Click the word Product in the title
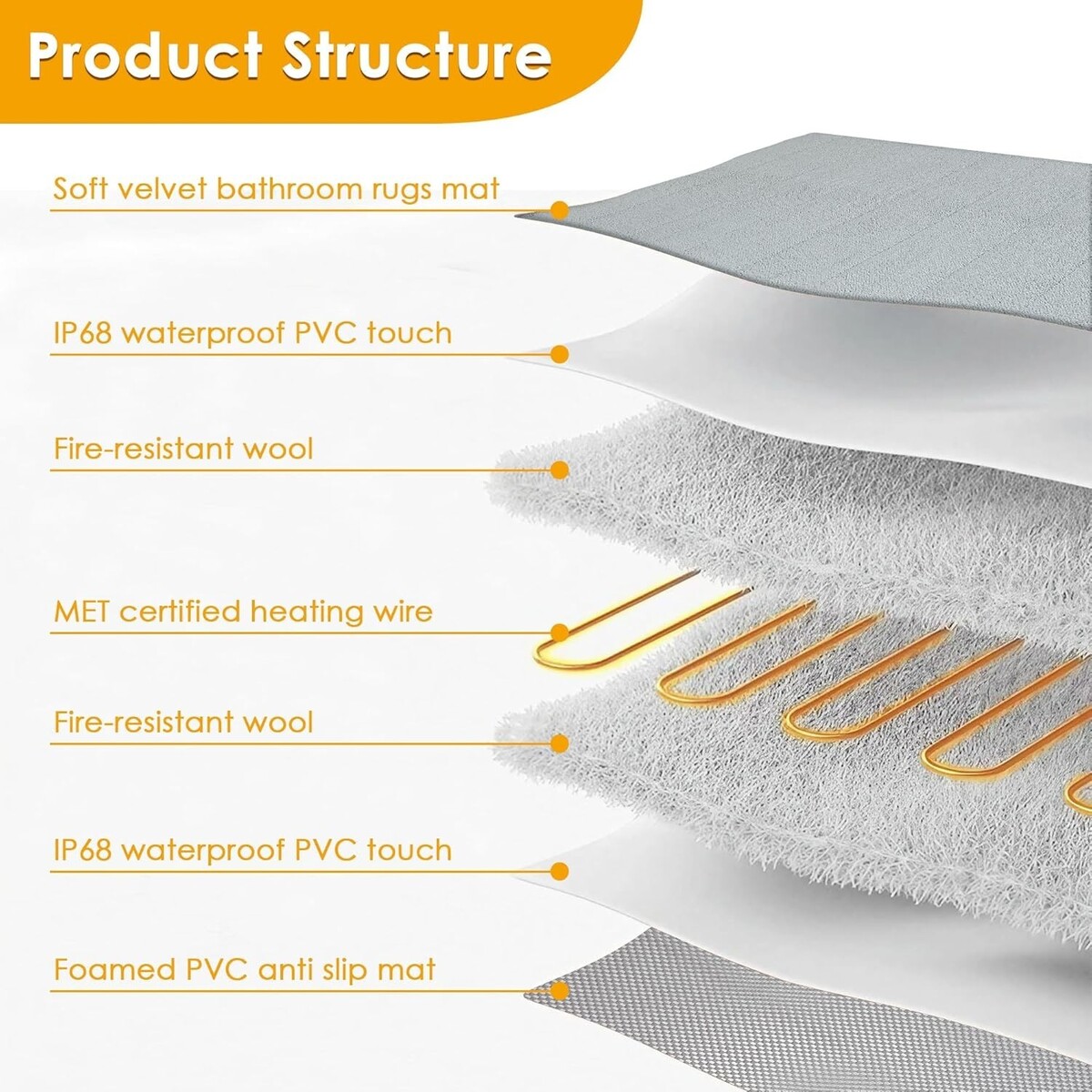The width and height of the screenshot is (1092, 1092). tap(145, 57)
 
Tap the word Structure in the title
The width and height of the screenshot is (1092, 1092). tap(418, 57)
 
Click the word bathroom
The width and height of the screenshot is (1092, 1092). tap(289, 188)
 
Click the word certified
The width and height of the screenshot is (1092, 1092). tap(180, 612)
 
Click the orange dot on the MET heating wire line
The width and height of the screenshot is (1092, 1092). tap(560, 632)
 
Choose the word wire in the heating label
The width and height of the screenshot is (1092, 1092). tap(402, 612)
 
